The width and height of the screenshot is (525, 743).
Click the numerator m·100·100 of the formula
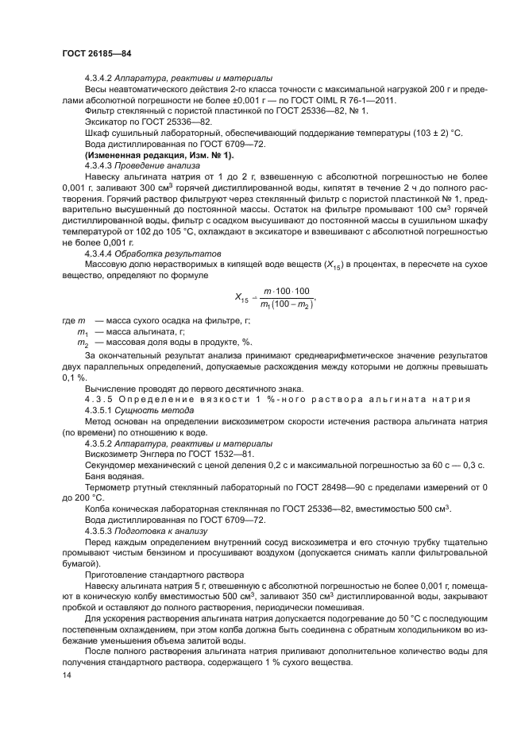(x=286, y=291)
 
